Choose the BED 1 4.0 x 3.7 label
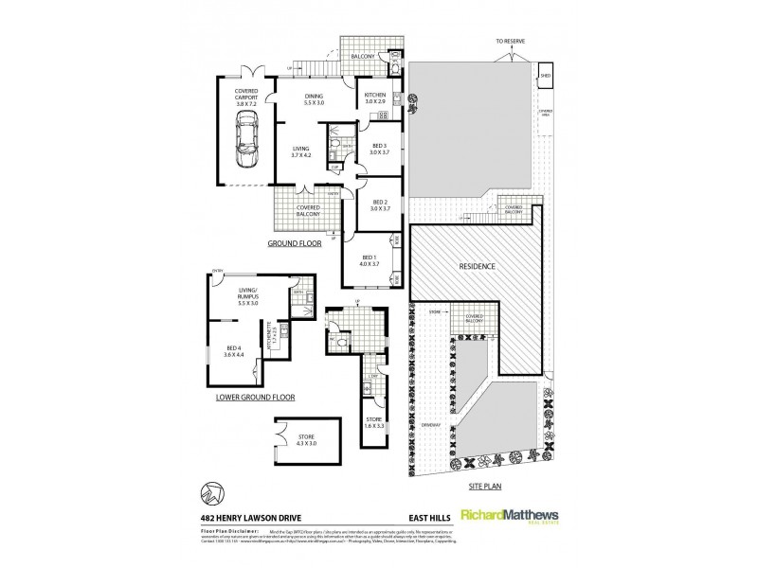pos(370,261)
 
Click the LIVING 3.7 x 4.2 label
pos(301,151)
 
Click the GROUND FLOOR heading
pos(293,243)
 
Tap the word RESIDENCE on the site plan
pos(478,266)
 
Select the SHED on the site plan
pos(545,75)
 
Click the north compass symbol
pos(213,493)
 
